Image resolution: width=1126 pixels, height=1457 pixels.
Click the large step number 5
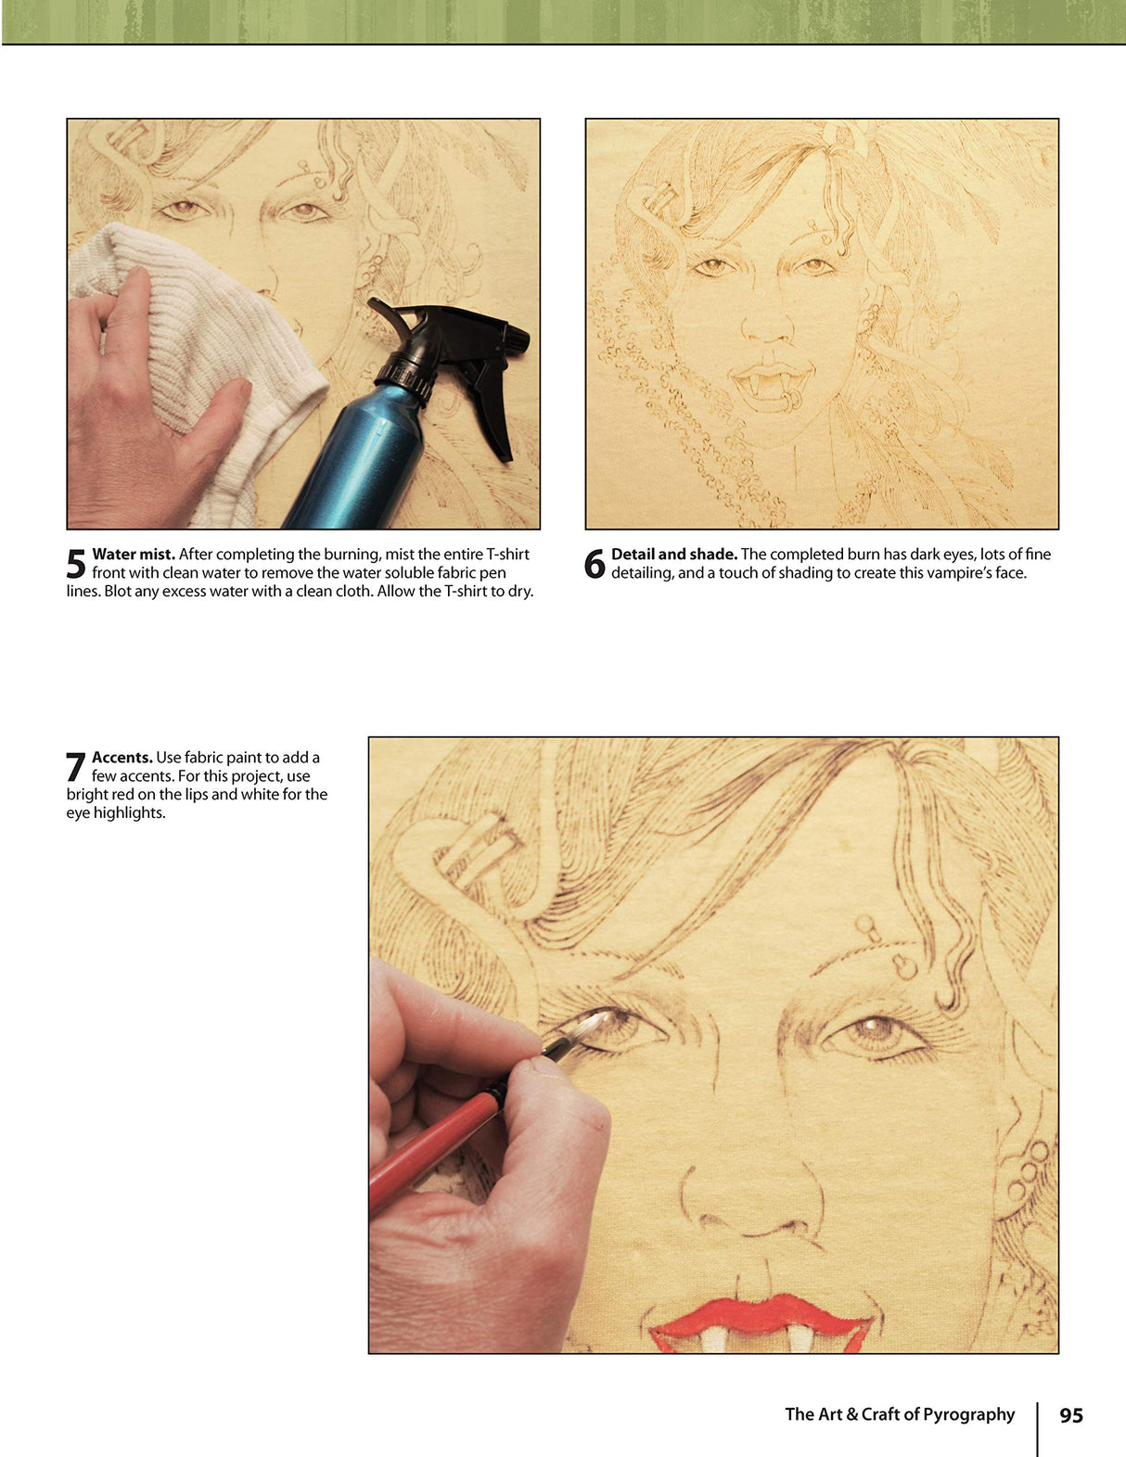[x=76, y=564]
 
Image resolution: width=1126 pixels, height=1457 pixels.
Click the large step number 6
[x=595, y=564]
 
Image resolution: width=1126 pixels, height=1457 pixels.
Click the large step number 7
[x=76, y=767]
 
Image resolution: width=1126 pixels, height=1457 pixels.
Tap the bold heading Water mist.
[x=134, y=555]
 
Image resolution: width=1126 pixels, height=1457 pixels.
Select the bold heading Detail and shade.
[x=673, y=555]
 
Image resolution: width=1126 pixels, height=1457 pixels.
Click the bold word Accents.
[x=122, y=758]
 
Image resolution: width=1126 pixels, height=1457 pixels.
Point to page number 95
[x=1071, y=1415]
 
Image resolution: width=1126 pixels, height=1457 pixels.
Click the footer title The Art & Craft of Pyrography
[x=899, y=1414]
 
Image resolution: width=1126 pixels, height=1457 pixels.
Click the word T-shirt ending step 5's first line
[x=507, y=555]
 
